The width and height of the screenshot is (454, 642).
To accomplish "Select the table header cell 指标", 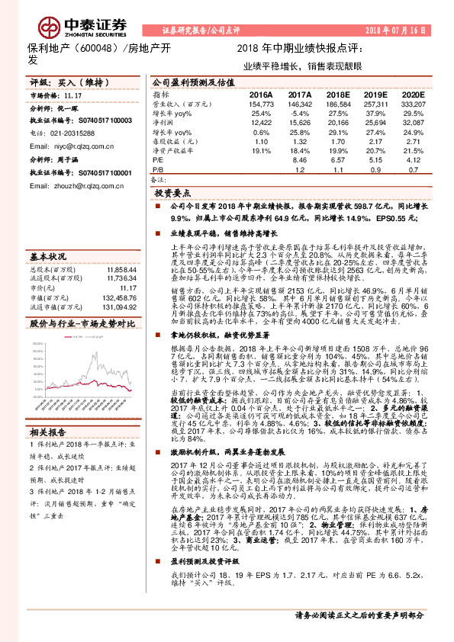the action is pyautogui.click(x=160, y=94).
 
